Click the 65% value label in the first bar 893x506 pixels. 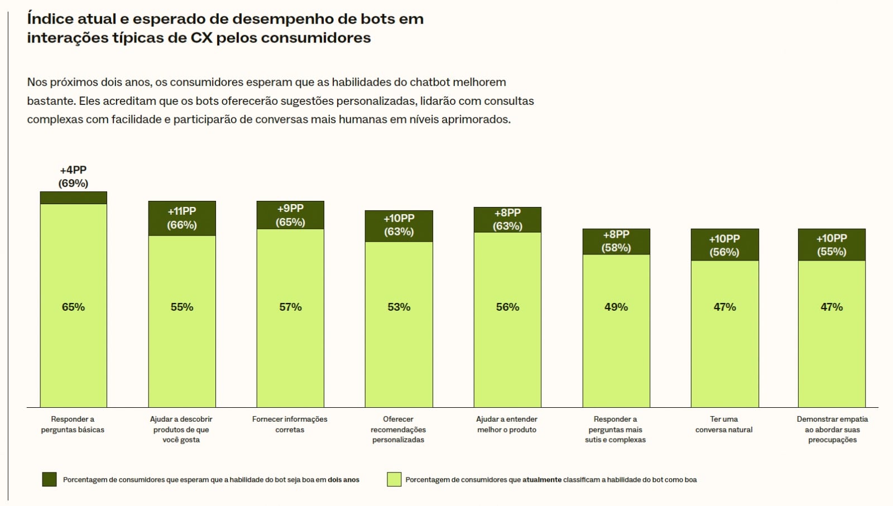coord(73,307)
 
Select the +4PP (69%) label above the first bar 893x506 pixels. coord(73,176)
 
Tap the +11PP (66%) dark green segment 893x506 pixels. coord(182,218)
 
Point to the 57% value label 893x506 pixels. coord(290,307)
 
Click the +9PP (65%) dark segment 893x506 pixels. coord(290,215)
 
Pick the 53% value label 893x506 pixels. coord(399,307)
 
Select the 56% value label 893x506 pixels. coord(507,307)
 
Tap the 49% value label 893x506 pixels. coord(616,307)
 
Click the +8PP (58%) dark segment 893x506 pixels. coord(616,241)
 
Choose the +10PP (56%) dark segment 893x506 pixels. coord(724,245)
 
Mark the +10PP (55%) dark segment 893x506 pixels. coord(832,244)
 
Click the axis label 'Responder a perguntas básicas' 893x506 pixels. coord(73,424)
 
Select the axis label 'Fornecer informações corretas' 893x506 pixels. coord(290,424)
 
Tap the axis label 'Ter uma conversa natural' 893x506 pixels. coord(724,424)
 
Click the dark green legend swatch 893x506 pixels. coord(49,479)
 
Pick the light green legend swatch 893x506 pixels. coord(394,479)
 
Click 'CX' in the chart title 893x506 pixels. coord(201,38)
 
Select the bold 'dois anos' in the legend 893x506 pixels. coord(343,480)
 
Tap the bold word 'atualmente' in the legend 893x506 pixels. coord(542,480)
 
